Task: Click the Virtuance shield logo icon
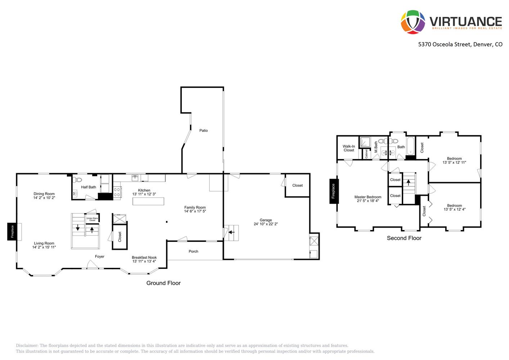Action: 413,22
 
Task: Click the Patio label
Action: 204,130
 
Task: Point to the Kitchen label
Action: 144,190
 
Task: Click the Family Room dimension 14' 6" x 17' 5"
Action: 195,211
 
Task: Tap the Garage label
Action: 266,220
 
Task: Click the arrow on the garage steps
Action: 231,232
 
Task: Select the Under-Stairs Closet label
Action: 92,219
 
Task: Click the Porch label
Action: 193,251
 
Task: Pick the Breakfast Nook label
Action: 144,257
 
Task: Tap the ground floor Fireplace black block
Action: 12,231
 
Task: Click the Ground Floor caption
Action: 163,283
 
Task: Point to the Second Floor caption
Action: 404,238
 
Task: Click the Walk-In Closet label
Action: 349,148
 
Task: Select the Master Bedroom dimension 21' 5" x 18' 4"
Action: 368,201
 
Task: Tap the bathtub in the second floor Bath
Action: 411,146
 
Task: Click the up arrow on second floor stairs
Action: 408,182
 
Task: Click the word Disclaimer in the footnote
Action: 27,346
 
